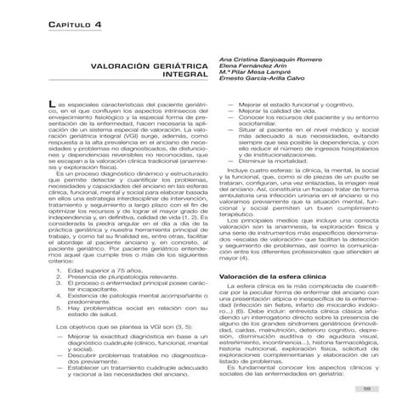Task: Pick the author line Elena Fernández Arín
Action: (253, 65)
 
